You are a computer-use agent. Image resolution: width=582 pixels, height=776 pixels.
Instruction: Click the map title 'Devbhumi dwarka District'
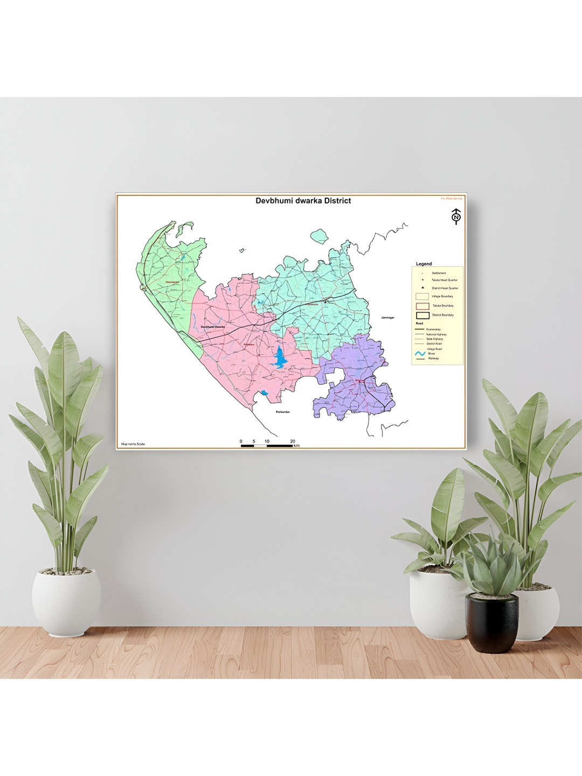pyautogui.click(x=303, y=201)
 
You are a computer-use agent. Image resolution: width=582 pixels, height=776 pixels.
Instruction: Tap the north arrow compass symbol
pyautogui.click(x=456, y=216)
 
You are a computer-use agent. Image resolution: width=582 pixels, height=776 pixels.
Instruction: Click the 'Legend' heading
pyautogui.click(x=424, y=264)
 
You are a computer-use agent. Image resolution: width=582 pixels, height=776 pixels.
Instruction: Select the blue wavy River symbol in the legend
pyautogui.click(x=420, y=354)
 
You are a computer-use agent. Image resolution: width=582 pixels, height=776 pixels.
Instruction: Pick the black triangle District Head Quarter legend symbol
pyautogui.click(x=422, y=288)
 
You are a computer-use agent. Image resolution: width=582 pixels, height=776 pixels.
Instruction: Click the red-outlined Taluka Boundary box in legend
pyautogui.click(x=422, y=306)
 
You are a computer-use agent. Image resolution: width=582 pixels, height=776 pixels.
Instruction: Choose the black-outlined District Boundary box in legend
pyautogui.click(x=422, y=315)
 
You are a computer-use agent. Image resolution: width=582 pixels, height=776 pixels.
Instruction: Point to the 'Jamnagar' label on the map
pyautogui.click(x=387, y=318)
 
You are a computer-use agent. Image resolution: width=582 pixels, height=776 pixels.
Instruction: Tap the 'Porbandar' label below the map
pyautogui.click(x=283, y=412)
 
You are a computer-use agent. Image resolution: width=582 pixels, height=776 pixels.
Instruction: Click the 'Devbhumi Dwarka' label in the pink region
pyautogui.click(x=212, y=327)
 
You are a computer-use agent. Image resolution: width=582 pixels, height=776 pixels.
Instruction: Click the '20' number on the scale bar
pyautogui.click(x=293, y=441)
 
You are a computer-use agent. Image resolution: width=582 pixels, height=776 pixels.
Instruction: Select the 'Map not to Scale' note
pyautogui.click(x=133, y=444)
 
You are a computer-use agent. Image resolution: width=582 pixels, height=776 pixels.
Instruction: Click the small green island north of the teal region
pyautogui.click(x=320, y=235)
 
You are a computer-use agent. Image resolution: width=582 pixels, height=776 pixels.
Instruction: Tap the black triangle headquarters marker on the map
pyautogui.click(x=325, y=302)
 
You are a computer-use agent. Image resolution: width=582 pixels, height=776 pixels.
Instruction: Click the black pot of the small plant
pyautogui.click(x=491, y=622)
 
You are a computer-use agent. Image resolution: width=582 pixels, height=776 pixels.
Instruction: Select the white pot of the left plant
pyautogui.click(x=66, y=600)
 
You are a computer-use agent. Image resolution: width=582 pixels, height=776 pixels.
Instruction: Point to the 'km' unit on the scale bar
pyautogui.click(x=296, y=446)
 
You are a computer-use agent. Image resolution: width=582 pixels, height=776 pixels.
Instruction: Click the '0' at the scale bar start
pyautogui.click(x=241, y=441)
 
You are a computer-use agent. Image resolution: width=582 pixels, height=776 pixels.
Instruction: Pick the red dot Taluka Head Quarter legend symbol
pyautogui.click(x=422, y=280)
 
